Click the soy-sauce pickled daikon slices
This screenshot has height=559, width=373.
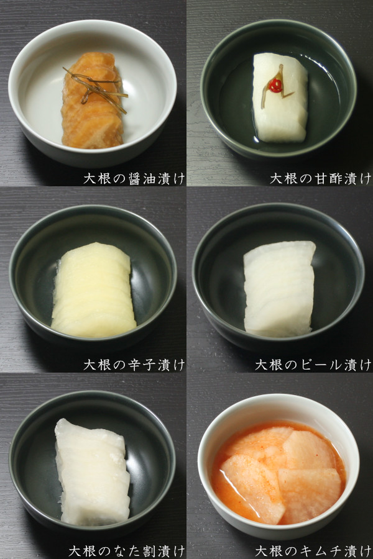pos(92,118)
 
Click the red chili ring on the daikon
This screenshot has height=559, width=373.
pos(275,86)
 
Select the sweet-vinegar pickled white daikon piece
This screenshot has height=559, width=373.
pos(281,112)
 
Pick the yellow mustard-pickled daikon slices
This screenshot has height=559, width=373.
pos(93,292)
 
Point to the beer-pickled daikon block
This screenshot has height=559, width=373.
pos(280,289)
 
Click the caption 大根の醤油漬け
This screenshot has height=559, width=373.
pos(134,178)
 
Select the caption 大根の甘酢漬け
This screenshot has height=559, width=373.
pos(320,178)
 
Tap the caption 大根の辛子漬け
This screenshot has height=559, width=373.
pos(134,365)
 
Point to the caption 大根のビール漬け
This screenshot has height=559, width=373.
pos(313,365)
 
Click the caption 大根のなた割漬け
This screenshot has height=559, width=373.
pos(127,551)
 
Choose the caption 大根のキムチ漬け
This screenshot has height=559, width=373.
pos(313,551)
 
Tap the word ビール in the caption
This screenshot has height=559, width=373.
pos(320,365)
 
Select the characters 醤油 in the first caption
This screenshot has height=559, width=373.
pos(142,178)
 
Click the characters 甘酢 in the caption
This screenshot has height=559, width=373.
pos(328,178)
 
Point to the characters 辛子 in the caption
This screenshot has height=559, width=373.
pos(142,365)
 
